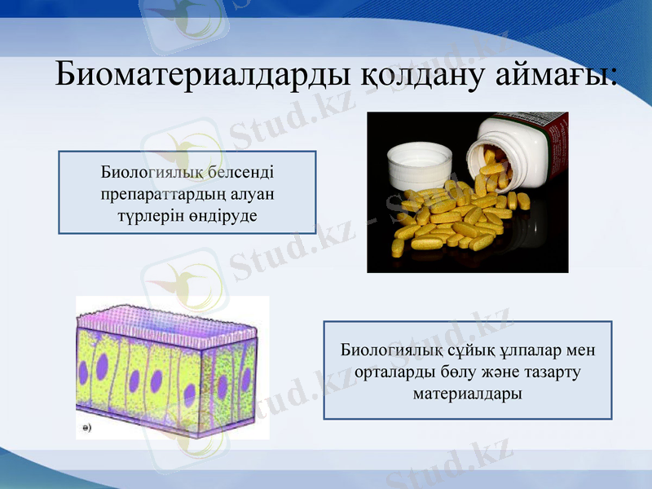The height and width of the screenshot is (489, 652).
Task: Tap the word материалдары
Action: pyautogui.click(x=467, y=393)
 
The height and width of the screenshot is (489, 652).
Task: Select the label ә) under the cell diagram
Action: pyautogui.click(x=86, y=426)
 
